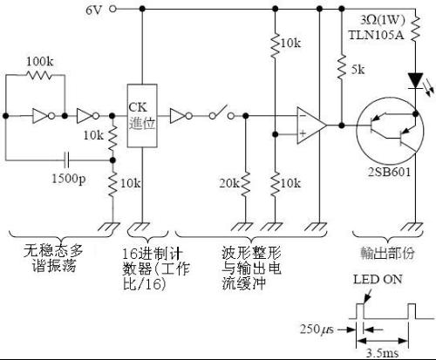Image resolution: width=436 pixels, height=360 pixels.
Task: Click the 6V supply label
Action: click(93, 10)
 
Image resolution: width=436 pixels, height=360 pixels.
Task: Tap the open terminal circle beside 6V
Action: click(112, 9)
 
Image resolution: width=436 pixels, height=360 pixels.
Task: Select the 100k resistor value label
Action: click(40, 62)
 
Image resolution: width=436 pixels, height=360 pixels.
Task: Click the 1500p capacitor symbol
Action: click(67, 160)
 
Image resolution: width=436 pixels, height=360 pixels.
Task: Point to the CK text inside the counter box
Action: click(138, 107)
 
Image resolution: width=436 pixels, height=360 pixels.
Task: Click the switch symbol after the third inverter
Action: click(221, 112)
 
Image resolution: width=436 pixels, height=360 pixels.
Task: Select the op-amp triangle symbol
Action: click(311, 126)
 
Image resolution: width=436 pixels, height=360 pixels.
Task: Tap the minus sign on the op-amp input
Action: click(303, 116)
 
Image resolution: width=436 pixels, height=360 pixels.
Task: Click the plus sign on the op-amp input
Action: click(303, 133)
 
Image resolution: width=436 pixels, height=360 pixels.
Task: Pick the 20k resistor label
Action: click(229, 183)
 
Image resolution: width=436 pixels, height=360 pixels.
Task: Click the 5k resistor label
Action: click(358, 70)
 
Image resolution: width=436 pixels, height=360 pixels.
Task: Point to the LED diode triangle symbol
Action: click(416, 80)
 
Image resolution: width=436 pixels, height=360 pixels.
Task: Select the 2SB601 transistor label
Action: click(390, 172)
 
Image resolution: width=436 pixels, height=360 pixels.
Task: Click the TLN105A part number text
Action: click(376, 35)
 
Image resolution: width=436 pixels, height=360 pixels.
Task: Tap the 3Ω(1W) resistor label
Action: click(383, 20)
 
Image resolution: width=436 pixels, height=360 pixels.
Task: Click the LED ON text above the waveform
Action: click(378, 279)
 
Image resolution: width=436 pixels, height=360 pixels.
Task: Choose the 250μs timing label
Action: click(317, 329)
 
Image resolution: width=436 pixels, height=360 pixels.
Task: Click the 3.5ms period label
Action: click(382, 353)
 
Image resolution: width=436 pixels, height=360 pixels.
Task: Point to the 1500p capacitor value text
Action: click(69, 178)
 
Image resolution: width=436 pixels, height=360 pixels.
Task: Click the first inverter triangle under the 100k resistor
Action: click(40, 116)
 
